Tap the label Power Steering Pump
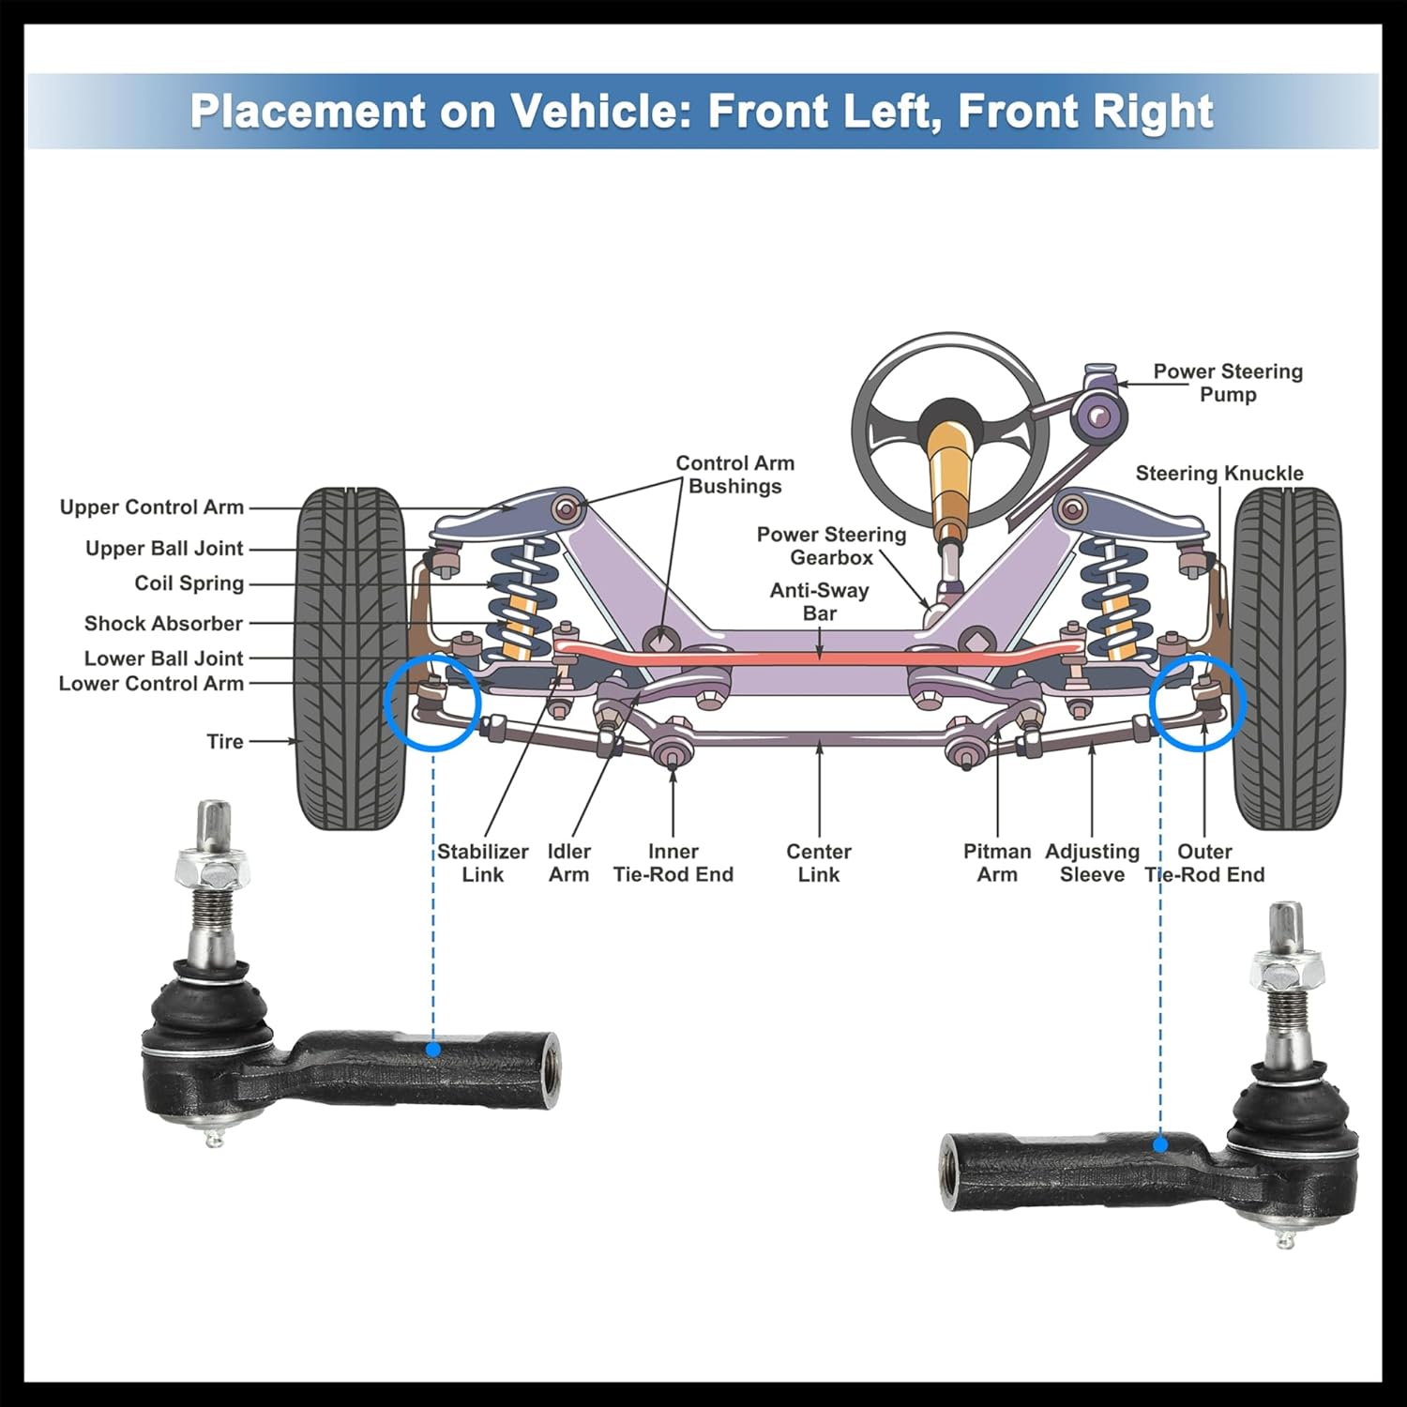[1227, 383]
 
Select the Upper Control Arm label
[152, 507]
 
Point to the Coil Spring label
[189, 583]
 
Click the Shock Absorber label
[163, 624]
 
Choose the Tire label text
[225, 742]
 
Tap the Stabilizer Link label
[482, 863]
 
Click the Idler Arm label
[568, 863]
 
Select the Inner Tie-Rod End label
[673, 863]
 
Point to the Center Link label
[819, 863]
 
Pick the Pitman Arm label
[996, 863]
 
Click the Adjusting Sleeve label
[1092, 863]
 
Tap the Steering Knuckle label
[1219, 474]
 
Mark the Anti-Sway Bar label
[819, 601]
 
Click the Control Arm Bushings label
[734, 475]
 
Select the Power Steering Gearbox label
[831, 546]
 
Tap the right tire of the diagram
[1287, 657]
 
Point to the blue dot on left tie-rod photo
[433, 1049]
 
